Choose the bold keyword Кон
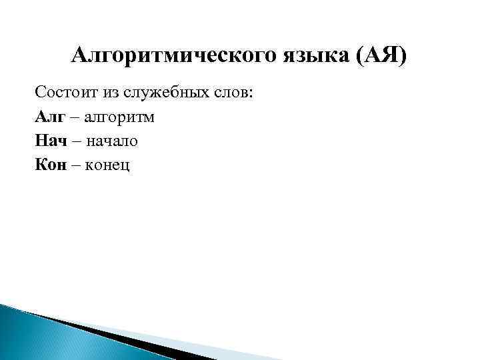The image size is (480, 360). click(51, 165)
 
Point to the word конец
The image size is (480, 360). click(109, 165)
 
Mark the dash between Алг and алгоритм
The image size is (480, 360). click(75, 117)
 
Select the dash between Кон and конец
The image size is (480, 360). click(76, 165)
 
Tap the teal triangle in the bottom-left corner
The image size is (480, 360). click(27, 337)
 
